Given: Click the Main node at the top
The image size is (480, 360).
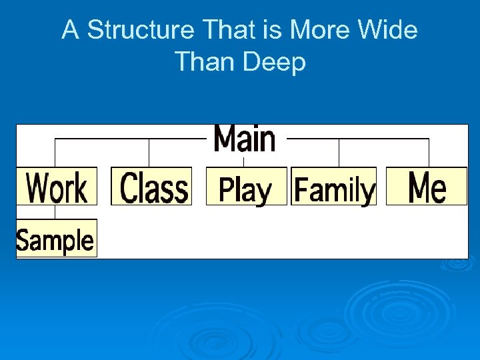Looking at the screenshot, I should click(244, 139).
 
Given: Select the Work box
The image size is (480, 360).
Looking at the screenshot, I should click(57, 186).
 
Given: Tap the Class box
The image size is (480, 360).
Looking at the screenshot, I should click(151, 186).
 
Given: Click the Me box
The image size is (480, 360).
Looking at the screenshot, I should click(427, 186).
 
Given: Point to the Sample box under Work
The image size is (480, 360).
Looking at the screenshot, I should click(56, 238).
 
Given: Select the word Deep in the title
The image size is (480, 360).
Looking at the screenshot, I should click(274, 62).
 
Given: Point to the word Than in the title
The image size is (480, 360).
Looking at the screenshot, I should click(204, 62).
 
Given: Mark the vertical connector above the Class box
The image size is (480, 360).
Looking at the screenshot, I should click(149, 153).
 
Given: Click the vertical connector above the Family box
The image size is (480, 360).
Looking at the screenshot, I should click(339, 153).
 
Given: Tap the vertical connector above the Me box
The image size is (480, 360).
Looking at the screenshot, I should click(429, 153).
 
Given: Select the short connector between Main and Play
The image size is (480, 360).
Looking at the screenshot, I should click(244, 161).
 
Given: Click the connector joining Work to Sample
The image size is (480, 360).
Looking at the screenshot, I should click(55, 212).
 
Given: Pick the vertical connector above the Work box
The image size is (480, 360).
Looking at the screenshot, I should click(55, 153).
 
